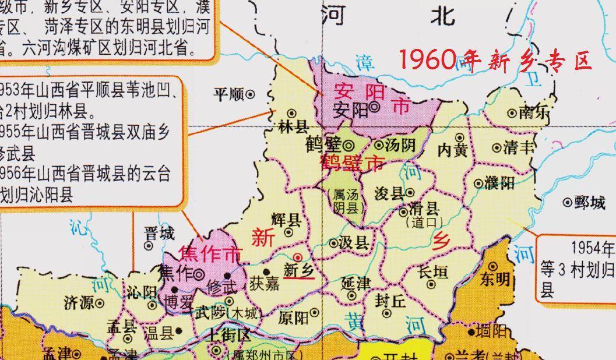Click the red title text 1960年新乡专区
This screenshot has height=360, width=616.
pos(495,60)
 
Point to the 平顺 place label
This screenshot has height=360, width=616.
pos(228,94)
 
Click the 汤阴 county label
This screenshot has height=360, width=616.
pos(399,145)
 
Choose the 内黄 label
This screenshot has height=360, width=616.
pos(453,150)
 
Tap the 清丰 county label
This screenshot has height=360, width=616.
pos(519,147)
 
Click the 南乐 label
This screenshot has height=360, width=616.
pos(533,113)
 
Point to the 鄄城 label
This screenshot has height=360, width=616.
pos(589,203)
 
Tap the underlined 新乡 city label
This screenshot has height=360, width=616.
pos(299,270)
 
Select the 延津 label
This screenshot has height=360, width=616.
pos(355,284)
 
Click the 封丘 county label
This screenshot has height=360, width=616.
pos(390,301)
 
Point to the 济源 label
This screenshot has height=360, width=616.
pos(79,303)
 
